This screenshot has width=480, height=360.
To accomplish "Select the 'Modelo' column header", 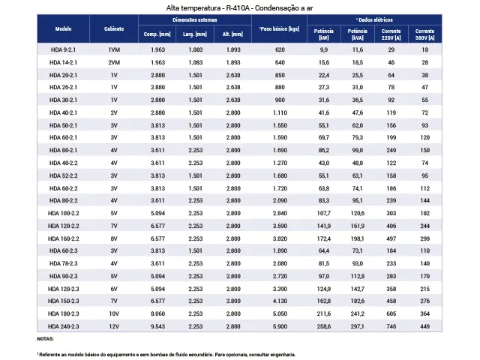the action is tap(63, 28).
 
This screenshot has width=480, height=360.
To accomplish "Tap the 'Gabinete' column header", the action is tap(114, 28).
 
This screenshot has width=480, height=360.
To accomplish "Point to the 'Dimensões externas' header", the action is tap(195, 20).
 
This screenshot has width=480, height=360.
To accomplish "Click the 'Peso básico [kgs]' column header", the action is tap(279, 28).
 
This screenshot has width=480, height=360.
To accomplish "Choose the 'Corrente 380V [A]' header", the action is tap(425, 34).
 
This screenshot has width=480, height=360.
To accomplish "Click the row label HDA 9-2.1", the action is tap(63, 49).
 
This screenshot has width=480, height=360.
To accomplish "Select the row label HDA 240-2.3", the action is tap(63, 326).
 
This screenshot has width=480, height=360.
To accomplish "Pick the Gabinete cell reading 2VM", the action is tap(114, 62).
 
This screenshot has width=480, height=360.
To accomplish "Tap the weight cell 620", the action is tap(280, 49).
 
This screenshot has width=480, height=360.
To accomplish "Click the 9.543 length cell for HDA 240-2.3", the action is tap(157, 326).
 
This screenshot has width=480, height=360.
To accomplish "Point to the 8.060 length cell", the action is tap(157, 313).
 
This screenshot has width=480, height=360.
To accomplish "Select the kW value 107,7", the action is tap(324, 213).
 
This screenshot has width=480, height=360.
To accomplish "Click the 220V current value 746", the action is tap(391, 326).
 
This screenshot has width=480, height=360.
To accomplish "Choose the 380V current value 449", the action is tap(425, 326).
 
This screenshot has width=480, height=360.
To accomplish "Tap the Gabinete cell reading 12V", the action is tap(114, 326).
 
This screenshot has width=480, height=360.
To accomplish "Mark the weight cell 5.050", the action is tap(280, 313).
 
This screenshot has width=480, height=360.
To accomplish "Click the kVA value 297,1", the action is tap(358, 326).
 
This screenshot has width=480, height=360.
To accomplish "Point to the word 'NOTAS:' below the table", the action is tap(45, 339).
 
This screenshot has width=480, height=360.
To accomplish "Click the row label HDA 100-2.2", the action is tap(63, 213).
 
